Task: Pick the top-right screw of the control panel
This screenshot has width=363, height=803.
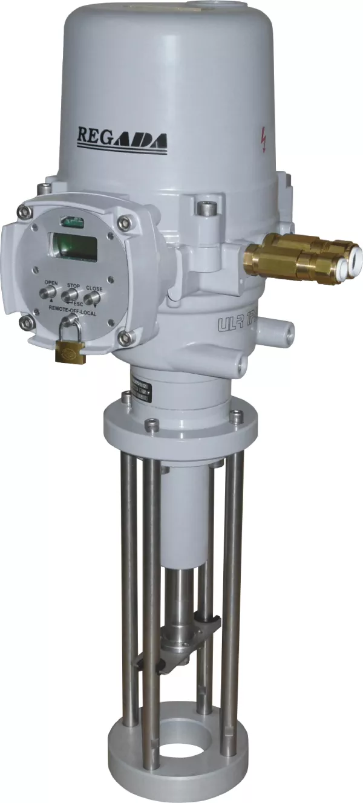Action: (125, 222)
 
